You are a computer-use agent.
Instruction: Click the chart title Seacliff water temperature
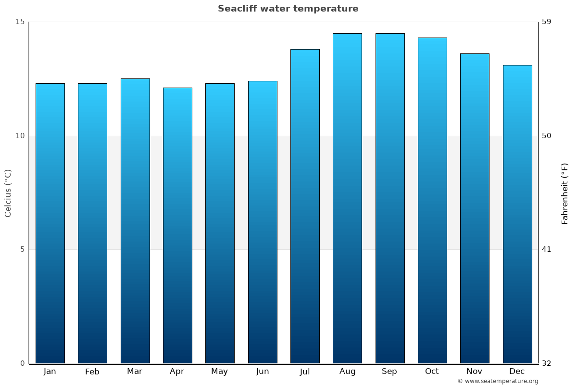tap(288, 9)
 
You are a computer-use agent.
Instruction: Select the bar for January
tap(50, 223)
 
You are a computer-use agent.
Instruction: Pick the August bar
tap(347, 198)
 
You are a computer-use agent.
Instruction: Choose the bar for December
tap(517, 214)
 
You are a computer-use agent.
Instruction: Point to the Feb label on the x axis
tap(92, 372)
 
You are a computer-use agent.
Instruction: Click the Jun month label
tap(263, 372)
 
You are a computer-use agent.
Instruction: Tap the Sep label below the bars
tap(389, 372)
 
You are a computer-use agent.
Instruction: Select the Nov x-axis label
tap(474, 372)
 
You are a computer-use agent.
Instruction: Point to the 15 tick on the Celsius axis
tap(20, 22)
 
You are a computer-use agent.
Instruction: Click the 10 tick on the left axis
tap(20, 136)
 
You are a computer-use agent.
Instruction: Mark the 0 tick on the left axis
tap(22, 363)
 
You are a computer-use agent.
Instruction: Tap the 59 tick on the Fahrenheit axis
tap(547, 22)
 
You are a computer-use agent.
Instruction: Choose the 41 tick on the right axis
tap(547, 249)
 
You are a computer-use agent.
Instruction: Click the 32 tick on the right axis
tap(547, 363)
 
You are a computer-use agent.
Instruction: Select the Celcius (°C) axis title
tap(8, 193)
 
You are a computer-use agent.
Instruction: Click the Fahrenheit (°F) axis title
tap(565, 193)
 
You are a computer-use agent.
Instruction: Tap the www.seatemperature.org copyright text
tap(498, 381)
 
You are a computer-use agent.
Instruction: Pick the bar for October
tap(432, 200)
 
